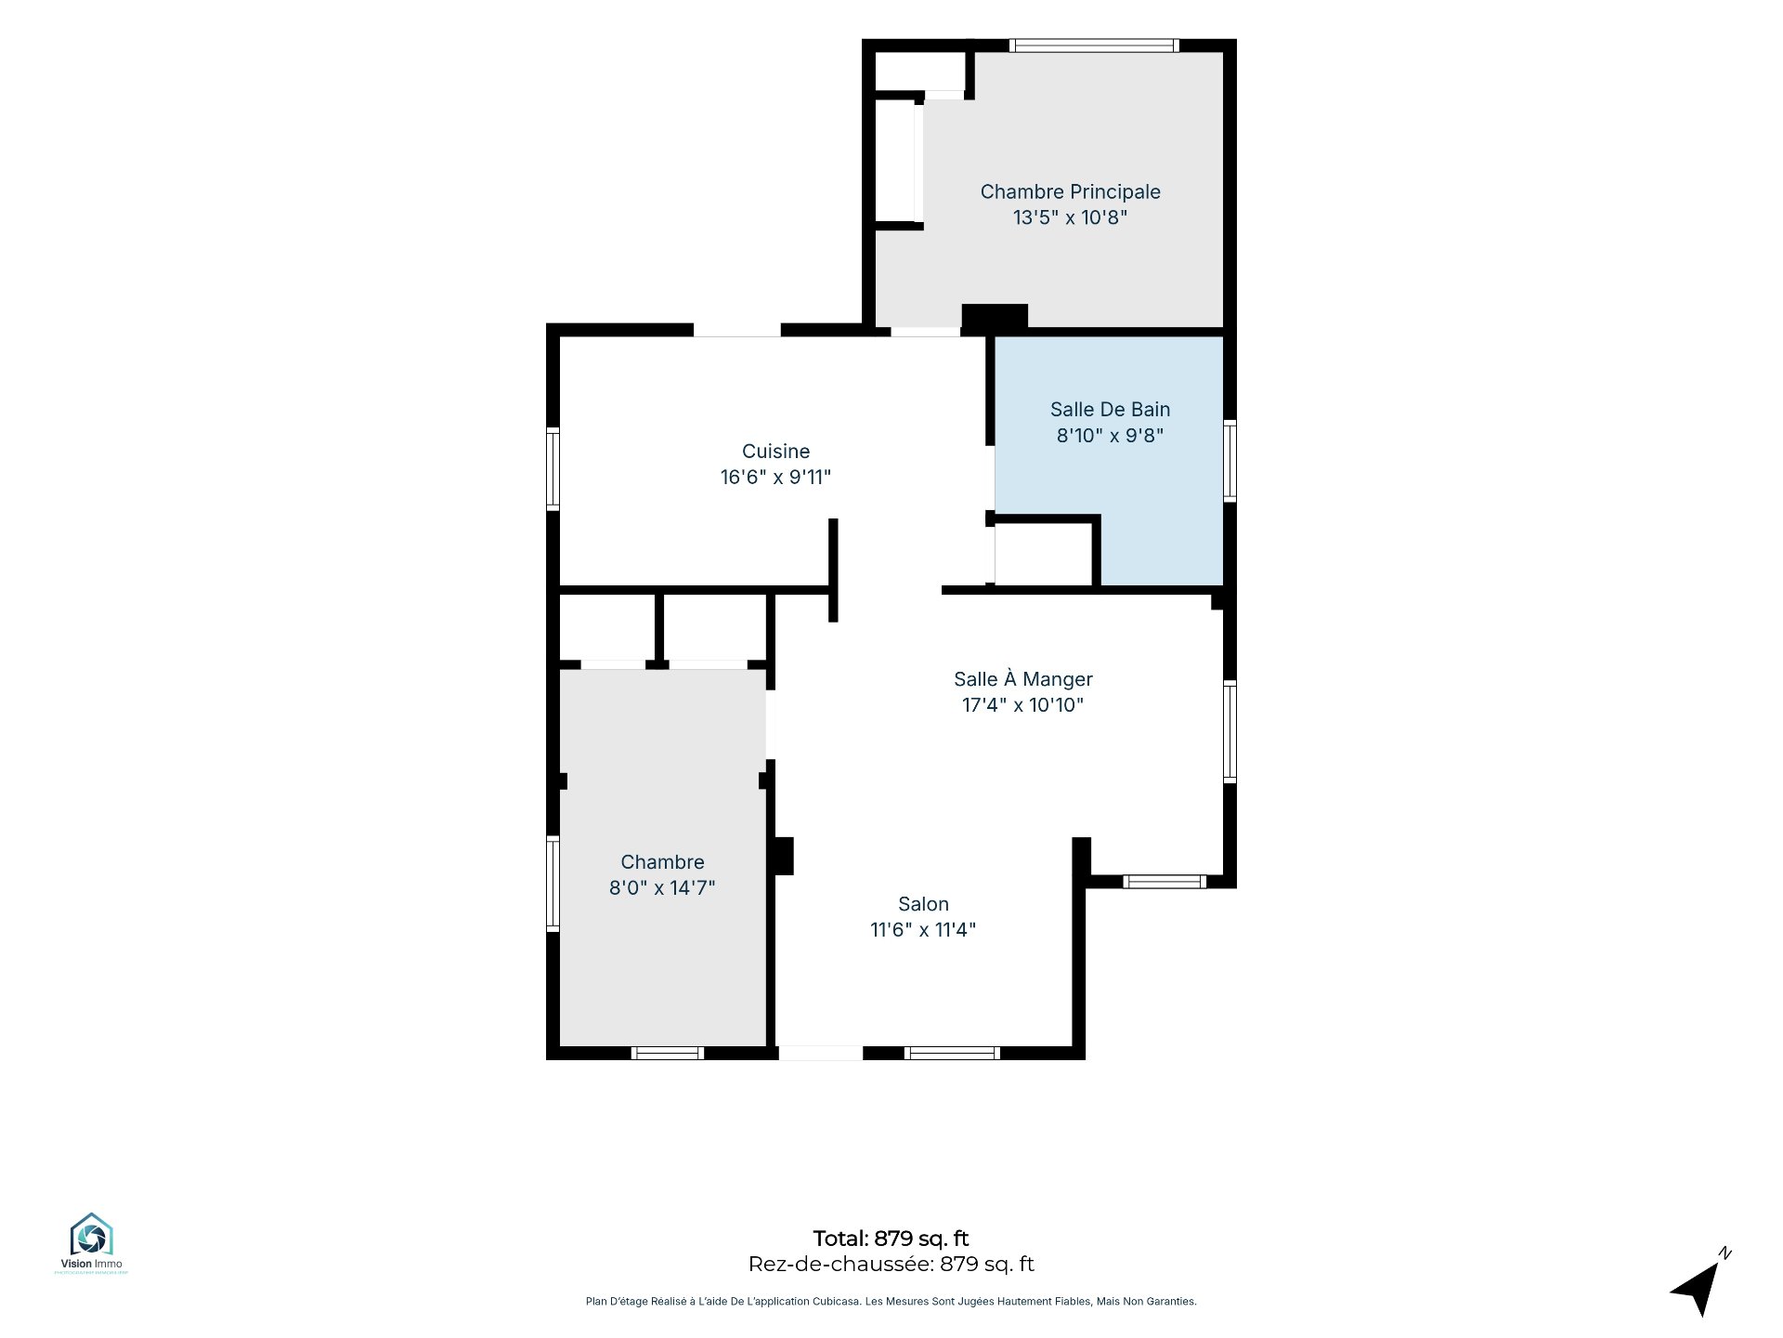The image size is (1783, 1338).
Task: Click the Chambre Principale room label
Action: tap(1070, 192)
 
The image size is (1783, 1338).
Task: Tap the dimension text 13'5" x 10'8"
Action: tap(1070, 217)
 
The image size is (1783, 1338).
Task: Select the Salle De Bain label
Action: tap(1110, 410)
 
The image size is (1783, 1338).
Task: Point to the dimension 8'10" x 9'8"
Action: tap(1110, 435)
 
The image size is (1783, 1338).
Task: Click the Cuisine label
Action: tap(775, 452)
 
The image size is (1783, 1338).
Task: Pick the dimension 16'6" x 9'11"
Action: tap(775, 477)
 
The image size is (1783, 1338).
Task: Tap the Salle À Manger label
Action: tap(1023, 678)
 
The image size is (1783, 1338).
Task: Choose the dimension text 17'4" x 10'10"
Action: tap(1023, 704)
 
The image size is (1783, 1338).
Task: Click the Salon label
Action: tap(923, 904)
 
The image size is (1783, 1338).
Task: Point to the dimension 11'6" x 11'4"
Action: tap(923, 929)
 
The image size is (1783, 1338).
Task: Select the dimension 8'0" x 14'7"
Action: tap(662, 887)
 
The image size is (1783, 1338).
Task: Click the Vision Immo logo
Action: tap(91, 1242)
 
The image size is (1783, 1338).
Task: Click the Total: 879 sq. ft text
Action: tap(891, 1239)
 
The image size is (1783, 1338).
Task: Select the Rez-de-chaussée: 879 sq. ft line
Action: tap(891, 1264)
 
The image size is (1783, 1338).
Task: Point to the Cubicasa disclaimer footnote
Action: tap(891, 1302)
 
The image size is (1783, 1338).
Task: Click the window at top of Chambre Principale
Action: tap(1094, 45)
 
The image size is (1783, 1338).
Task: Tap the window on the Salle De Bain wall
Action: tap(1230, 460)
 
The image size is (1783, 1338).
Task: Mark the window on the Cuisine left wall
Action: tap(553, 468)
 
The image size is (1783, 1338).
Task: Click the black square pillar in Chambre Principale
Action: tap(995, 318)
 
